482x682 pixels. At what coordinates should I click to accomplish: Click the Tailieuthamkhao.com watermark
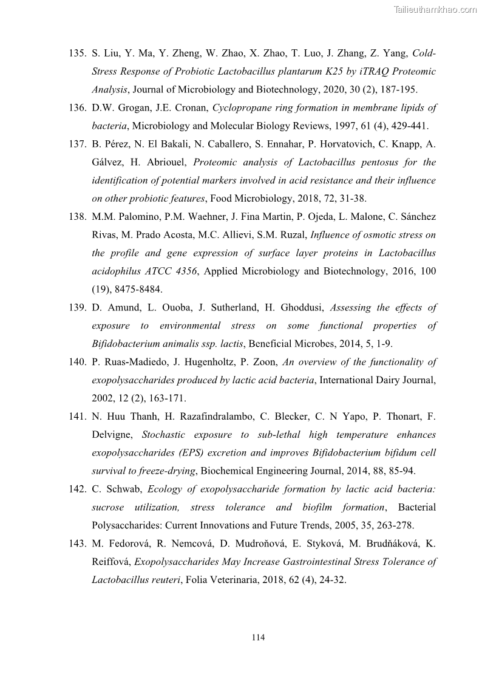click(x=435, y=9)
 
